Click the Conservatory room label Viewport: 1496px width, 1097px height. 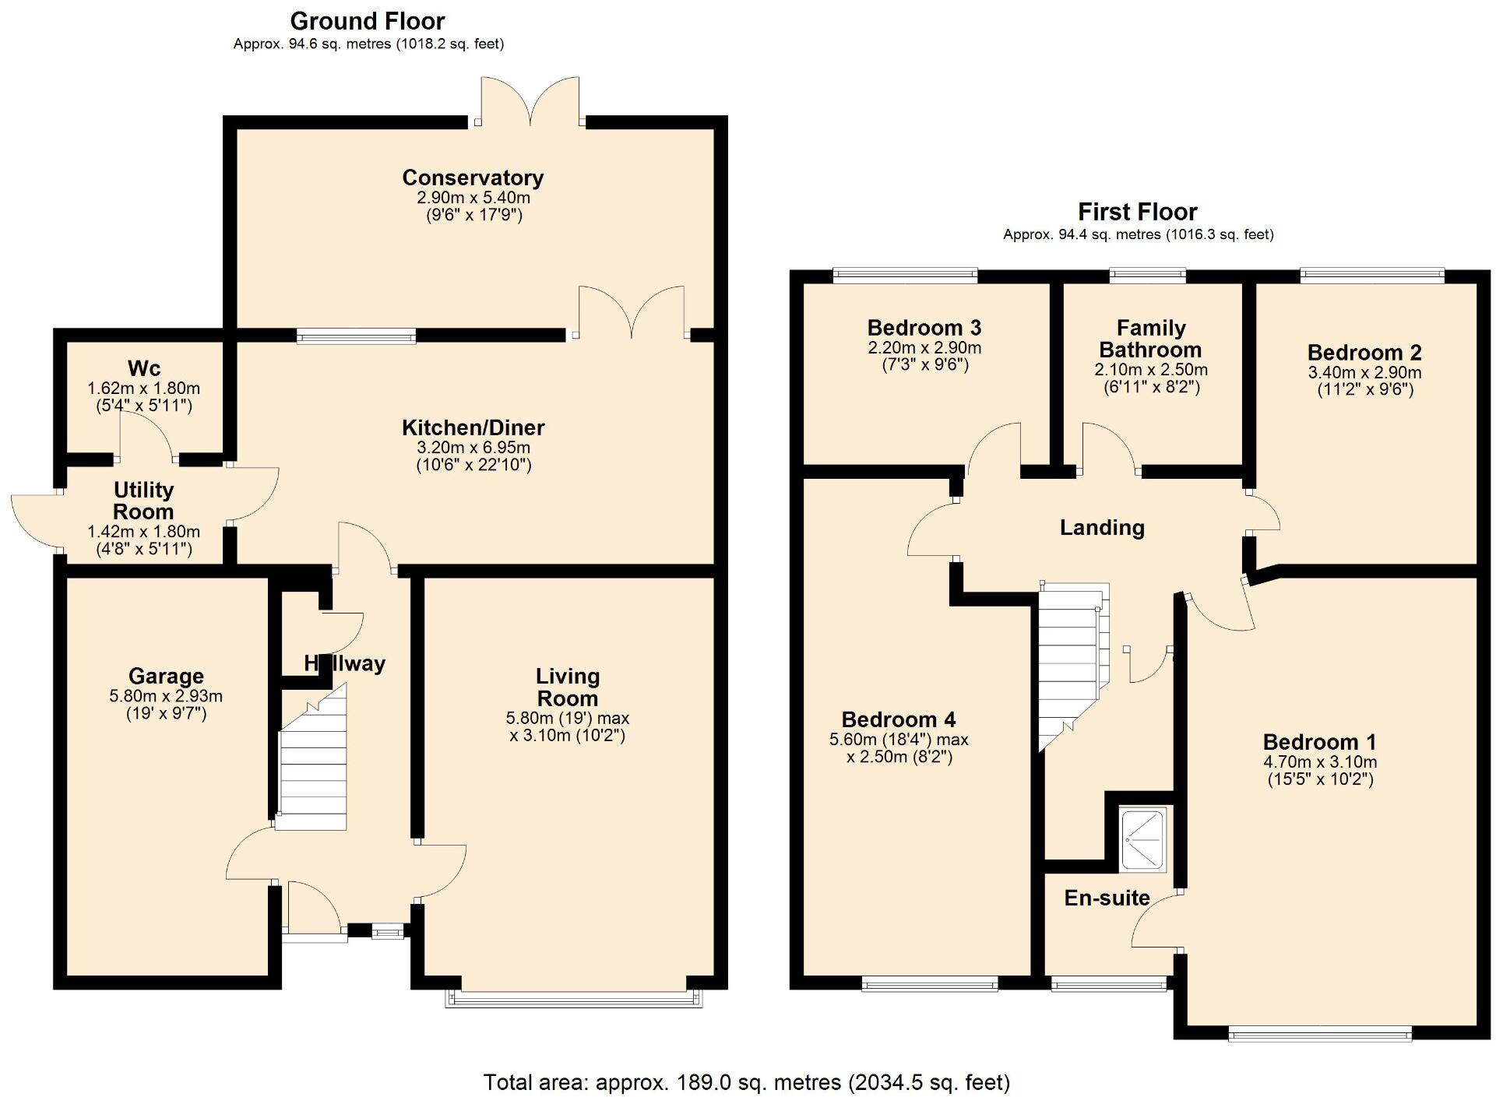[473, 178]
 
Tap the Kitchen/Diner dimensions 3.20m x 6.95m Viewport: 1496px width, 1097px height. [473, 448]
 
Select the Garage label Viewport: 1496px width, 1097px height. [166, 676]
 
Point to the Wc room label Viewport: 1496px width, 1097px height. [144, 367]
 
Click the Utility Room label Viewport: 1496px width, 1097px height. [143, 501]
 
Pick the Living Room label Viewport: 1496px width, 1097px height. [568, 687]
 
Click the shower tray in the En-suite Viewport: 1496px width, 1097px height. [1143, 839]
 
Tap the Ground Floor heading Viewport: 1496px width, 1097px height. [368, 21]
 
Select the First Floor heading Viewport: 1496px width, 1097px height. [1137, 212]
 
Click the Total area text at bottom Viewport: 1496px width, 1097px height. [747, 1082]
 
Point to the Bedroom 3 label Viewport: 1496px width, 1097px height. [924, 327]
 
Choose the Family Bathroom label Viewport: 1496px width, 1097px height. [1150, 339]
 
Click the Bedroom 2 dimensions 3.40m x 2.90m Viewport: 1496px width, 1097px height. [1364, 372]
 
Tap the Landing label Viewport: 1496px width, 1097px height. [1102, 528]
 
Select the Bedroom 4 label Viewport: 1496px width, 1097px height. [899, 719]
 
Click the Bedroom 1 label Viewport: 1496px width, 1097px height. [1320, 742]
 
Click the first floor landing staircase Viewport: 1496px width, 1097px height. [1071, 662]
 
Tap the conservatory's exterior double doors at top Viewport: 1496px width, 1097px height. [530, 101]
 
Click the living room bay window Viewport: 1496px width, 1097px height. [574, 998]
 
